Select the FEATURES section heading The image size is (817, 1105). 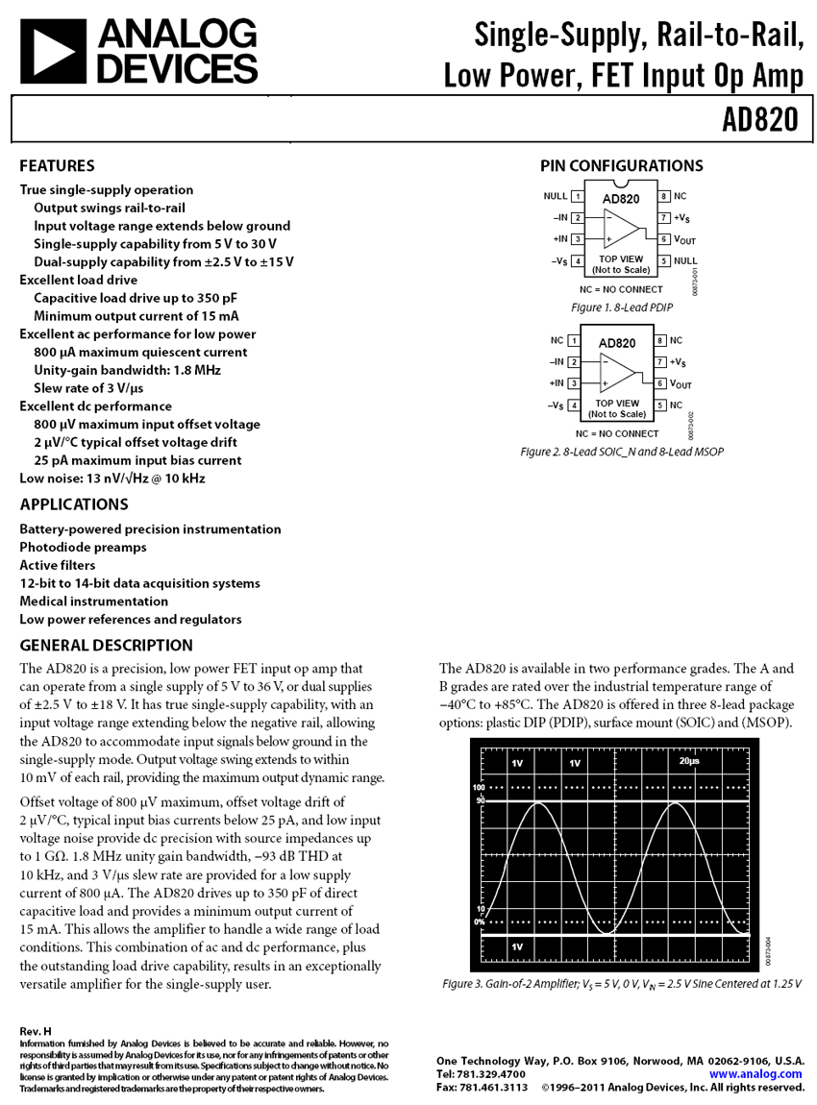pyautogui.click(x=57, y=165)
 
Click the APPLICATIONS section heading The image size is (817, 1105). pyautogui.click(x=73, y=504)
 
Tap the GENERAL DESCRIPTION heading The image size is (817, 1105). pyautogui.click(x=106, y=646)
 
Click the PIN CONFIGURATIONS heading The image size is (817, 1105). pyautogui.click(x=621, y=165)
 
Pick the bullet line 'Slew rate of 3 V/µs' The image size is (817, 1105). pyautogui.click(x=88, y=388)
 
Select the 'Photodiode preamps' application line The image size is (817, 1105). pyautogui.click(x=83, y=547)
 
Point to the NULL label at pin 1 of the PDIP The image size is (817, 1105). pyautogui.click(x=555, y=196)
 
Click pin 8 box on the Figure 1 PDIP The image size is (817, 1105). pyautogui.click(x=663, y=196)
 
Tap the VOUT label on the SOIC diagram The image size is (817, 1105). pyautogui.click(x=681, y=384)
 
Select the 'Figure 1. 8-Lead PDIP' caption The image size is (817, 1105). pyautogui.click(x=621, y=307)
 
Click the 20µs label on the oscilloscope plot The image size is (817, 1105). pyautogui.click(x=688, y=761)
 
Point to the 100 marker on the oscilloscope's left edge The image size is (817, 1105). pyautogui.click(x=479, y=787)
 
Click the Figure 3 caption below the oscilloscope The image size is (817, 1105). pyautogui.click(x=621, y=984)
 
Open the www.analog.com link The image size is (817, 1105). pyautogui.click(x=755, y=1073)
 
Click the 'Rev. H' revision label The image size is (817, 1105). pyautogui.click(x=35, y=1031)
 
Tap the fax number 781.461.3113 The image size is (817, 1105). pyautogui.click(x=496, y=1087)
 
